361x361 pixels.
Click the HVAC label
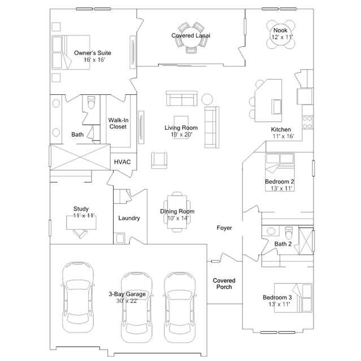coord(122,162)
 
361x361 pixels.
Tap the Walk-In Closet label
coord(118,123)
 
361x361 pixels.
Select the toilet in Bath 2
coord(289,233)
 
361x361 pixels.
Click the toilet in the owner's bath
coord(92,102)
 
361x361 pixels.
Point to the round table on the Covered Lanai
coord(191,38)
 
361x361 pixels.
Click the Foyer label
coord(224,228)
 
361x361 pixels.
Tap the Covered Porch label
coord(224,284)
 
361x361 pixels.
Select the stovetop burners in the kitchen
coord(307,123)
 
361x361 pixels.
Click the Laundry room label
coord(129,218)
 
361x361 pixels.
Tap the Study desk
coord(81,223)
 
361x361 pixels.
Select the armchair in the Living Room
coord(159,160)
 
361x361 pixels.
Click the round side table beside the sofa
coord(207,99)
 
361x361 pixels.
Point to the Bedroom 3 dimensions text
coord(279,304)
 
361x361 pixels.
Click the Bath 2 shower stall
coord(306,241)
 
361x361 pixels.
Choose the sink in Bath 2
coord(271,231)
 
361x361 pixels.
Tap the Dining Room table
coord(177,212)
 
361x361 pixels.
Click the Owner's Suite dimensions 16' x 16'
coord(94,60)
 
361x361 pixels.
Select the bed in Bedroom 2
coord(280,172)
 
